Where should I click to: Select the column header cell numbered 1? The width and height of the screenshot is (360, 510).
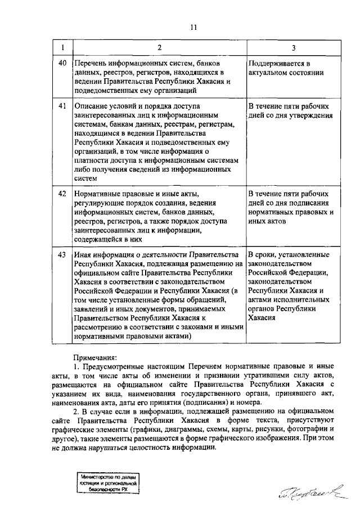pyautogui.click(x=62, y=47)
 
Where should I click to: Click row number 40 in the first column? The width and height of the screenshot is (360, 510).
pyautogui.click(x=62, y=63)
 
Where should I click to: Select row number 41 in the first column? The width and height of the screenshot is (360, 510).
pyautogui.click(x=62, y=105)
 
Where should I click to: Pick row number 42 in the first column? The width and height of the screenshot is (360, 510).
pyautogui.click(x=62, y=194)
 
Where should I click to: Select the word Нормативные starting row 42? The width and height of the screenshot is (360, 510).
pyautogui.click(x=97, y=194)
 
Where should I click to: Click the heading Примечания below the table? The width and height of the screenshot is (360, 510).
pyautogui.click(x=96, y=357)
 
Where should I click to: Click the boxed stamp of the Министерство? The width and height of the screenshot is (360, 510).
pyautogui.click(x=109, y=483)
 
